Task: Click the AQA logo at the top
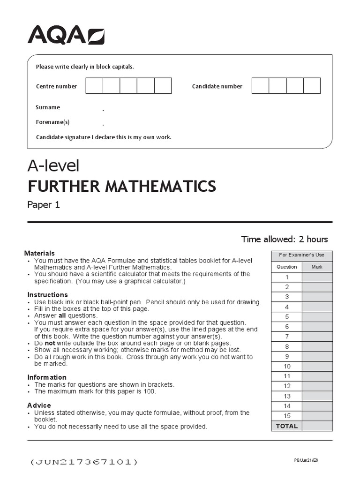66,35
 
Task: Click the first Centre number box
94,86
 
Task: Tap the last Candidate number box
312,86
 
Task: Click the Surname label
48,107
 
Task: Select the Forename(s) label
52,122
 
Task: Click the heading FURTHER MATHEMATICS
122,186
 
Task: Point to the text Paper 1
44,205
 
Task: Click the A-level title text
53,165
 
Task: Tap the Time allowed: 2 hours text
285,239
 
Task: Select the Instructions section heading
47,295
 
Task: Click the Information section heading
47,377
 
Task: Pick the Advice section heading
39,405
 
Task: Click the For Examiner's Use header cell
302,255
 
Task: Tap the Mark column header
317,267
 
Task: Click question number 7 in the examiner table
287,337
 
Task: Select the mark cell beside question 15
317,416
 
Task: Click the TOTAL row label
287,426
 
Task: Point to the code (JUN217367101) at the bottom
84,462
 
